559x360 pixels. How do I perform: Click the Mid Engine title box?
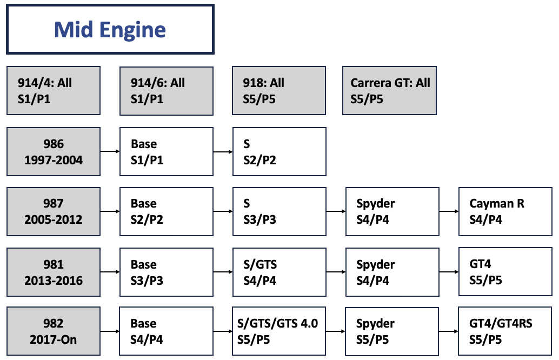110,30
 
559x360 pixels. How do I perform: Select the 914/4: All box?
54,91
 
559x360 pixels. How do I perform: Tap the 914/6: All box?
166,91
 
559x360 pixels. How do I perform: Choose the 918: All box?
279,91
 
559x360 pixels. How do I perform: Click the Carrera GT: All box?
389,91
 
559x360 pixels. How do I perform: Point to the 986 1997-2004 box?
54,152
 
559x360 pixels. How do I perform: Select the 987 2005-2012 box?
54,211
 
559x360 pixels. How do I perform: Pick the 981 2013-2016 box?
54,272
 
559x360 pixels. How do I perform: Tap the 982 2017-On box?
54,331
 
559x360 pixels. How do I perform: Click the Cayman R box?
505,211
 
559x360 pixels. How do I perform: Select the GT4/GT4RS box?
505,331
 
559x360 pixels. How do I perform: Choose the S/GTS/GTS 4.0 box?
279,331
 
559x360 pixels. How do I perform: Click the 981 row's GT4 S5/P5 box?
505,272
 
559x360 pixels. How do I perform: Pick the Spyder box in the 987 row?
392,211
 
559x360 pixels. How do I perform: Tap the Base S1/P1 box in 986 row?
166,152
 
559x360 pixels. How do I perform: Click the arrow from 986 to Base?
110,152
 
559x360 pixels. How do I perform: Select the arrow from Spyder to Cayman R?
448,211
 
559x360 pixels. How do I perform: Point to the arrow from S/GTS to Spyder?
335,272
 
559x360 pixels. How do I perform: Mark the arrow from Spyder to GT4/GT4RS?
448,331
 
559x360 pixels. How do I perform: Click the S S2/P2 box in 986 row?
279,152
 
